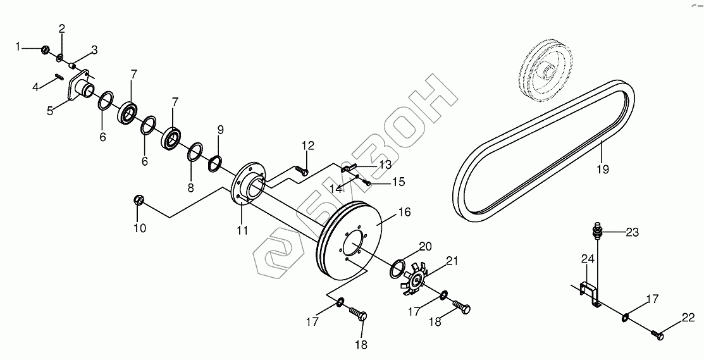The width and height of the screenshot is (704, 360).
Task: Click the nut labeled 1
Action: (45, 49)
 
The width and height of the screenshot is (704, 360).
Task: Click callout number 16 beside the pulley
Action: (404, 212)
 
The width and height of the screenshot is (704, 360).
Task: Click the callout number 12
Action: (308, 146)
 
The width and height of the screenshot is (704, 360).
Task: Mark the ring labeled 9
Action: (215, 163)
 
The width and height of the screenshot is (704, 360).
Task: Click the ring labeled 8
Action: (195, 152)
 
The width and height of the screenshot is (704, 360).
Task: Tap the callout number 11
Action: (242, 230)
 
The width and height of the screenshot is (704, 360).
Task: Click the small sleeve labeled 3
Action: (73, 64)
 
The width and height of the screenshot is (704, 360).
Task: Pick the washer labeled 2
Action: (59, 58)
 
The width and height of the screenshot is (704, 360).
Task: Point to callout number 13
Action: (385, 164)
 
